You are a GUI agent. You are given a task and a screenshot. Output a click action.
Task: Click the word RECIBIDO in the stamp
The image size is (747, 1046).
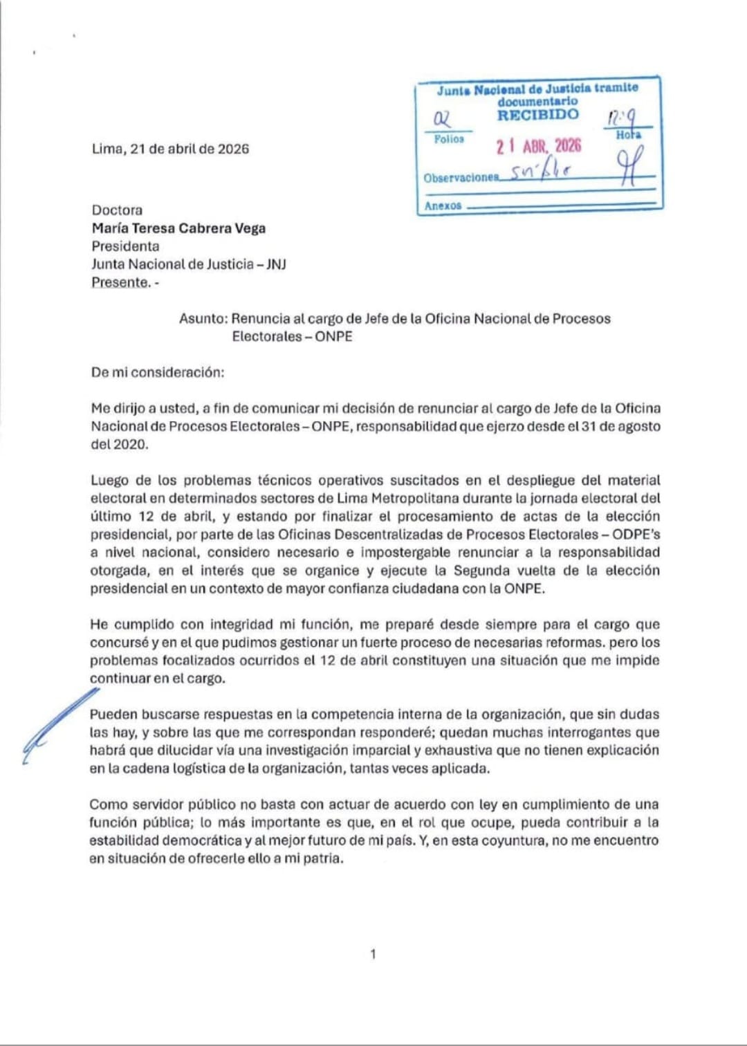(537, 115)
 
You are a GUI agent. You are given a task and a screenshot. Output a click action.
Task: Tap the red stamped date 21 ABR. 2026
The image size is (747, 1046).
(539, 146)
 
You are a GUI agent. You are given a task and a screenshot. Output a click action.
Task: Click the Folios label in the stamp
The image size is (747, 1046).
(449, 139)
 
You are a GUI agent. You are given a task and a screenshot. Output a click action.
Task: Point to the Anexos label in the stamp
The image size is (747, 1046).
(443, 205)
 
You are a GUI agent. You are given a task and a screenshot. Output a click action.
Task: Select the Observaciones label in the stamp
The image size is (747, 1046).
(461, 178)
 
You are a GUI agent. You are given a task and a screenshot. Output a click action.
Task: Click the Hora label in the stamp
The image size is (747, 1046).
(628, 135)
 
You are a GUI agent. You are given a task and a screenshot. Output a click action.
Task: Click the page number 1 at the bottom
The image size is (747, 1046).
(373, 954)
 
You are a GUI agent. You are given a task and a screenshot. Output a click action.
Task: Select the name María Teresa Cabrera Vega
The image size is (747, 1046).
(178, 228)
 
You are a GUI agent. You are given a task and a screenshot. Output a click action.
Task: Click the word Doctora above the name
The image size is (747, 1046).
(117, 210)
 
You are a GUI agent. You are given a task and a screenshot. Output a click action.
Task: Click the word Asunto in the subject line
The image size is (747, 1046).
(202, 319)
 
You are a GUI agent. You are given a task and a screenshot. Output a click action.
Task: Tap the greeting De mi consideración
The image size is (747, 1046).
(158, 372)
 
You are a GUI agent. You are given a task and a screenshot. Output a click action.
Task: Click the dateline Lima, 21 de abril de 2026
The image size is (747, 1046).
(170, 149)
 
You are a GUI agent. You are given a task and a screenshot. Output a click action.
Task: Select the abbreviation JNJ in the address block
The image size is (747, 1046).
(276, 264)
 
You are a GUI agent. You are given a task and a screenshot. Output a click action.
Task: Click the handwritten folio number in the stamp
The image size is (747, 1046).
(441, 119)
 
